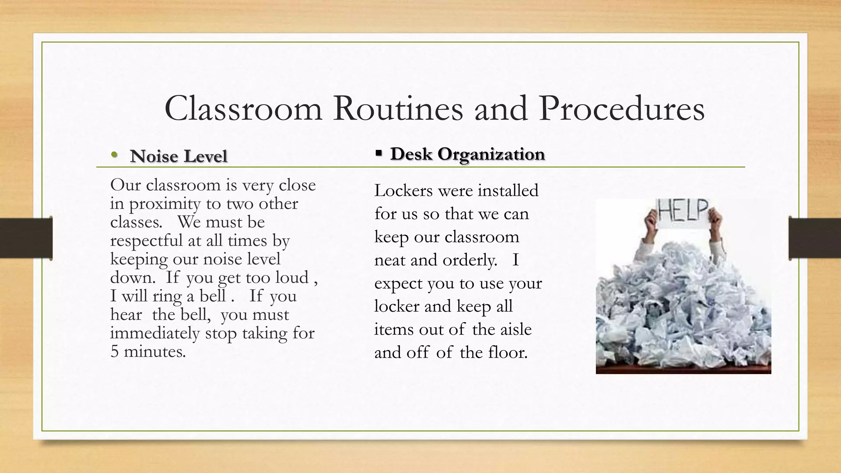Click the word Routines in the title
click(398, 109)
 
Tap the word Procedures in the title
click(622, 109)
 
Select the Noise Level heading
click(178, 156)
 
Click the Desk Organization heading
click(467, 154)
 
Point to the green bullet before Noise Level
click(114, 155)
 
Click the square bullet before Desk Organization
click(378, 154)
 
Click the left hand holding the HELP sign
click(651, 224)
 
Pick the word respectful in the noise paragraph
click(146, 241)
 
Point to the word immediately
click(155, 333)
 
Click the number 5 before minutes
click(115, 351)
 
